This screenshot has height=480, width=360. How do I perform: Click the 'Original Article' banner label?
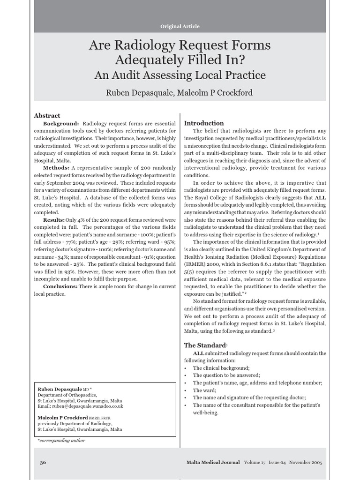coord(180,26)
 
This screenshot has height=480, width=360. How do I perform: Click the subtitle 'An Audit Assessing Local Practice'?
coord(180,75)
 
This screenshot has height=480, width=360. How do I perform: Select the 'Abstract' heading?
coord(47,115)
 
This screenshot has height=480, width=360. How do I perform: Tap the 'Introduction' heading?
coord(204,123)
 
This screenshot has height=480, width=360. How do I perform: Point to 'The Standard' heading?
coord(205,345)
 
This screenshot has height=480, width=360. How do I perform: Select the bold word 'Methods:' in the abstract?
coord(56,168)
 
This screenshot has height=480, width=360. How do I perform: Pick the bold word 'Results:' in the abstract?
coord(54,220)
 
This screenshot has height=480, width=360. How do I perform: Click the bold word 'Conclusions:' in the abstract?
coord(60,286)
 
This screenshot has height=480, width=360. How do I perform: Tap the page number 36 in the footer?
coord(43,462)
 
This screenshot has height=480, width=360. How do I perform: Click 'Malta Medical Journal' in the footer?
coord(213,462)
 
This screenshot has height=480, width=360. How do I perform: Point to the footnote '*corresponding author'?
coord(61,441)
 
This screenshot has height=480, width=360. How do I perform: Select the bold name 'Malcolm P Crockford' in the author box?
coord(62,418)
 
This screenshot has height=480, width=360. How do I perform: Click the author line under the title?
coord(180,92)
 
